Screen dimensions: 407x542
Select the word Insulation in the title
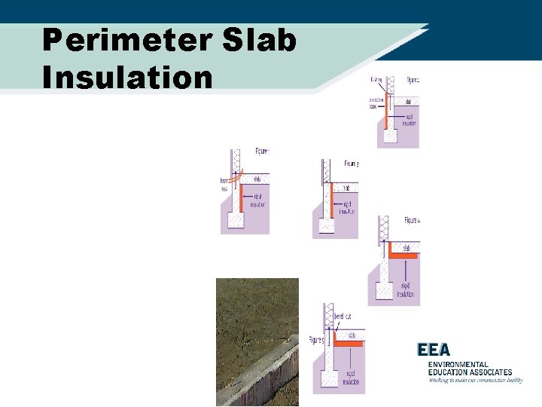point(127,77)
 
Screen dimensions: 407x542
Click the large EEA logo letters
point(434,350)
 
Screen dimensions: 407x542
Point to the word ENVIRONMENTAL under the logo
point(458,364)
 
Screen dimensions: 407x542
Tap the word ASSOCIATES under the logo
point(489,372)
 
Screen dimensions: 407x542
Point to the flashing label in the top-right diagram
point(376,79)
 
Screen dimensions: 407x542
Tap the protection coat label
point(376,103)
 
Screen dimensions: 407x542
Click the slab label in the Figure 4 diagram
point(406,247)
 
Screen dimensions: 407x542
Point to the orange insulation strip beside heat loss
point(239,194)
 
